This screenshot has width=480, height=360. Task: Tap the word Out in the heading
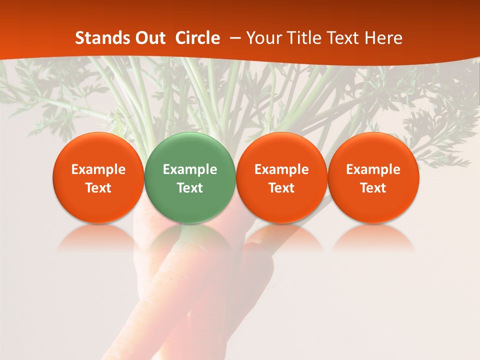point(148,38)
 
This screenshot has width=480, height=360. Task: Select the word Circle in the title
point(197,38)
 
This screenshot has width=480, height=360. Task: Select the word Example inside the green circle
point(190,169)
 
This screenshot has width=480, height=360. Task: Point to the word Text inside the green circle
point(190,188)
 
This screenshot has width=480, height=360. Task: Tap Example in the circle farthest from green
point(373,169)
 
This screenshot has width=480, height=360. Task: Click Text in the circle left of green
point(98,188)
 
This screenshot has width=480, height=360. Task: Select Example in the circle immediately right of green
point(281,169)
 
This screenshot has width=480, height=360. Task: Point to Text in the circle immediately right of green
point(281,188)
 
